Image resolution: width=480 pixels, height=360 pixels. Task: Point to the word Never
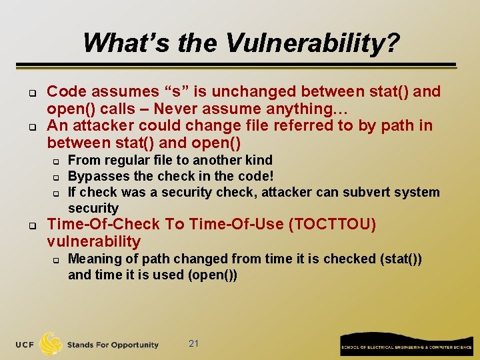(177, 109)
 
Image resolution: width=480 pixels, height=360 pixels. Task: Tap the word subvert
(373, 192)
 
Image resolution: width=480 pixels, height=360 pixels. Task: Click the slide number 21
(194, 343)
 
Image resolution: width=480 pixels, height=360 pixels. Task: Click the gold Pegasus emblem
(51, 343)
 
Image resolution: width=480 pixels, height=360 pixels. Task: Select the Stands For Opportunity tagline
(113, 345)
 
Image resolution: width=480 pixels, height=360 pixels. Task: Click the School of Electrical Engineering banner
(406, 343)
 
